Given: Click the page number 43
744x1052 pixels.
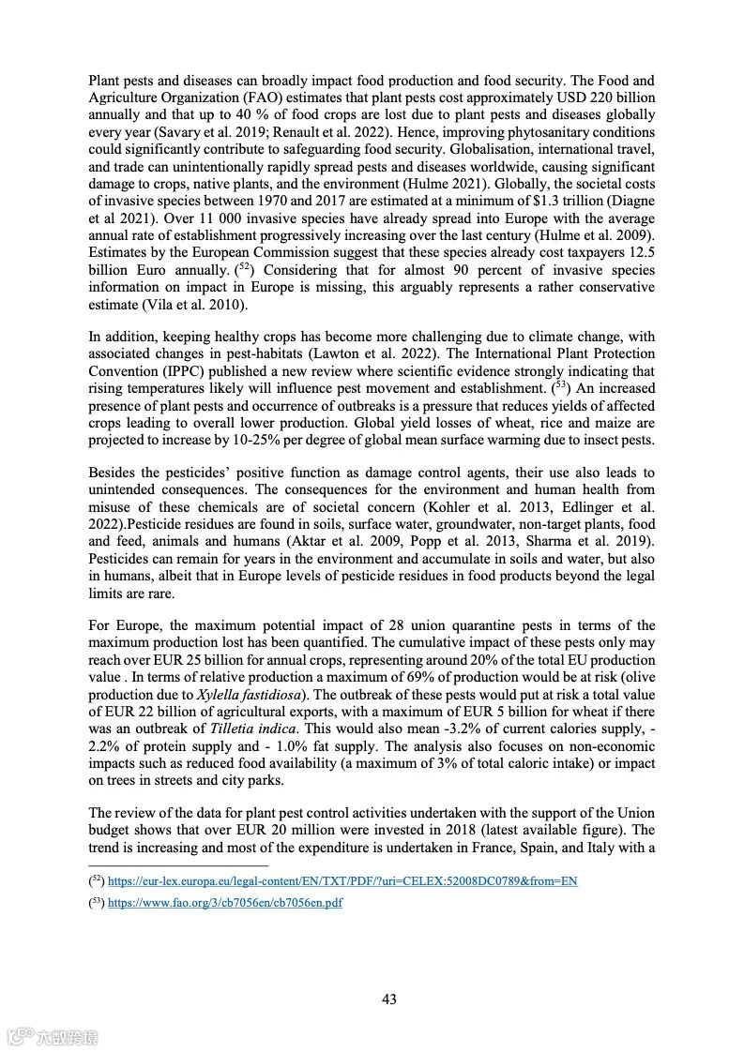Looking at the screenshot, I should [389, 999].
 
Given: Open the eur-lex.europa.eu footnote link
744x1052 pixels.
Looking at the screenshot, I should [342, 881].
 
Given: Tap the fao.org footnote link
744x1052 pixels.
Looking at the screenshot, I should [225, 903].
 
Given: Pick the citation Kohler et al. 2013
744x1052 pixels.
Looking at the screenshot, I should [488, 507].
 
